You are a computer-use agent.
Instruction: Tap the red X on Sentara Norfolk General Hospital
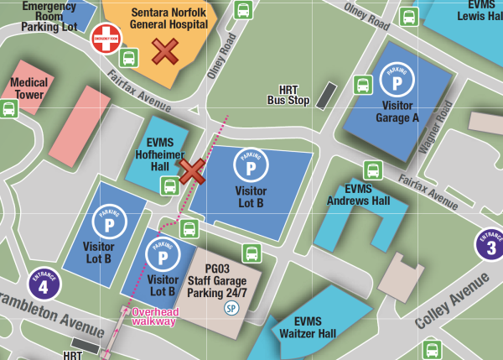coord(164,52)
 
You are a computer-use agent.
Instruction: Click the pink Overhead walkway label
coord(154,316)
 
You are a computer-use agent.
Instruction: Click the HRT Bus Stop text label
coord(288,95)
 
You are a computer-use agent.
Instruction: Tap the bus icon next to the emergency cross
coord(129,58)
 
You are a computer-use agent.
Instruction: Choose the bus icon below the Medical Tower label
coord(9,109)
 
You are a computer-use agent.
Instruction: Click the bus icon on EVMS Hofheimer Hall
coord(169,186)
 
